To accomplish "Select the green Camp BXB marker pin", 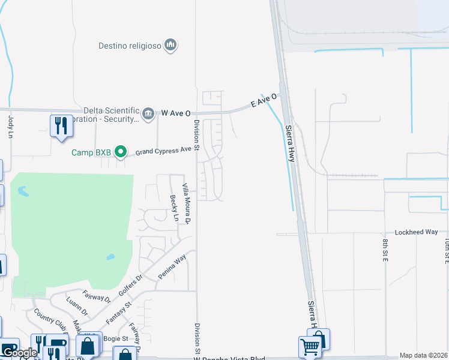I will click(x=121, y=152).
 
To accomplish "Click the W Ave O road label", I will click(x=176, y=113).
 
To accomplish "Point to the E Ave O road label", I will click(x=264, y=100).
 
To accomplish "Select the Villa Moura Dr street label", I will click(x=186, y=205).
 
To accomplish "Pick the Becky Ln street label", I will click(x=174, y=208).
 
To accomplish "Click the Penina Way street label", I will click(x=172, y=267).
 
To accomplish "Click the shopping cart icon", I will click(x=309, y=346).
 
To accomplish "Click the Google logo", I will click(x=19, y=353).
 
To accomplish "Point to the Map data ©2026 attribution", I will click(x=424, y=355).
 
